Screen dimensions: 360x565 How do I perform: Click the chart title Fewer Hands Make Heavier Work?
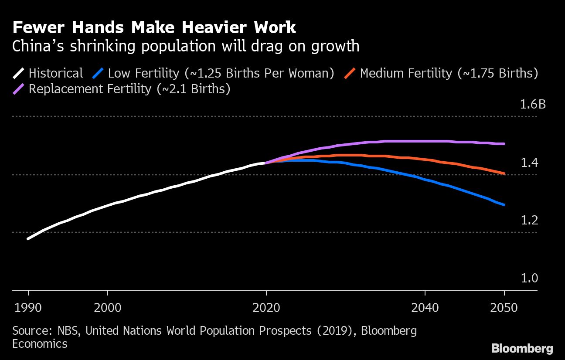tap(154, 28)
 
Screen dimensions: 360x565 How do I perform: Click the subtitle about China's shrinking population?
tap(186, 46)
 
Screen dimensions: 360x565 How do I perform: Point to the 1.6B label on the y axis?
tap(532, 105)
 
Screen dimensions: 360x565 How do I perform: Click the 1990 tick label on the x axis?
tap(28, 308)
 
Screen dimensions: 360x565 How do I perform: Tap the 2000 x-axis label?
tap(108, 308)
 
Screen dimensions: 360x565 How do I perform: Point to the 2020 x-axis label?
tap(266, 308)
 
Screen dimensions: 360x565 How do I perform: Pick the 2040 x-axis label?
tap(425, 308)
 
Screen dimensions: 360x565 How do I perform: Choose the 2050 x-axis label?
tap(504, 308)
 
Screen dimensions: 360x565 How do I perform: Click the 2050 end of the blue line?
tap(504, 204)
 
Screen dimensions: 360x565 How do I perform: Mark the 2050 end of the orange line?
tap(504, 173)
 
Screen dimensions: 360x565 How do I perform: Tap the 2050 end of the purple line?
tap(504, 143)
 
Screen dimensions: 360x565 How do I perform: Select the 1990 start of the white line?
tap(28, 239)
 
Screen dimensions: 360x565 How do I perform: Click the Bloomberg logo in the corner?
tap(522, 348)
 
